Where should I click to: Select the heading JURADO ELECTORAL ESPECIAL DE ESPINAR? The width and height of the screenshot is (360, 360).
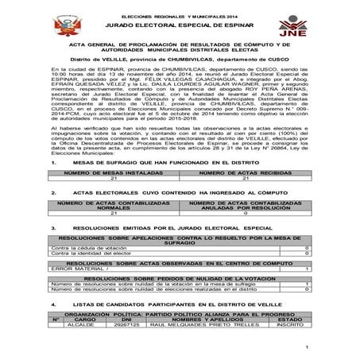click(179, 27)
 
